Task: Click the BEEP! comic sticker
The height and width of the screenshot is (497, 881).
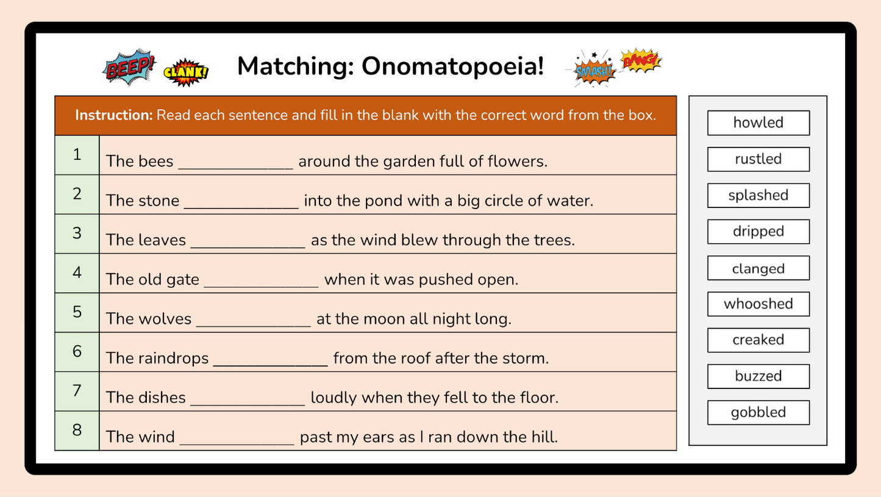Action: coord(129,66)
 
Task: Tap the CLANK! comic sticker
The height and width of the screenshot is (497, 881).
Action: coord(186,73)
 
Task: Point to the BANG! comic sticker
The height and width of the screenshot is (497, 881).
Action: coord(640,60)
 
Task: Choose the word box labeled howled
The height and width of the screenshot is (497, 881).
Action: coord(758,123)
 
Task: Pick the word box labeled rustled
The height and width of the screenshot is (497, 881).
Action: coord(758,159)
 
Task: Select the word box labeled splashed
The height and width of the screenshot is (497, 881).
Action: coord(758,195)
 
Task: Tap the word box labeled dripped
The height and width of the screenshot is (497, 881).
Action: coord(758,232)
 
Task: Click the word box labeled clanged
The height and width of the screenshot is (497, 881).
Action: coord(758,268)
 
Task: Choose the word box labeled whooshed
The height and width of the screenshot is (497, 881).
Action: coord(758,304)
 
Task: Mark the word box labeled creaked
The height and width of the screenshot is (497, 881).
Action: coord(758,340)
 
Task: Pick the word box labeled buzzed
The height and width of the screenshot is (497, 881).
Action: coord(758,376)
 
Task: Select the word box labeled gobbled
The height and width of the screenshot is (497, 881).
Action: coord(758,412)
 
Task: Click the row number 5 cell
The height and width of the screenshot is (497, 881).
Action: coord(77,312)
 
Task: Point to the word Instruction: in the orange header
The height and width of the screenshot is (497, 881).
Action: coord(113,115)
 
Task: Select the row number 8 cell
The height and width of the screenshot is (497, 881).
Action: coord(77,431)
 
